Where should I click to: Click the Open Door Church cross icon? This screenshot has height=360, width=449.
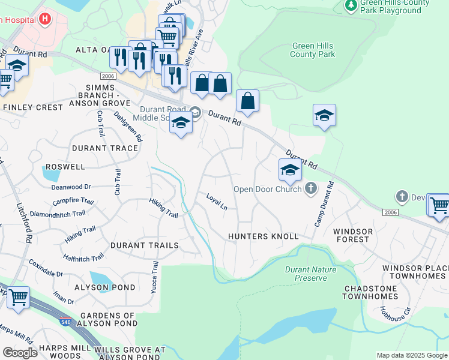310,189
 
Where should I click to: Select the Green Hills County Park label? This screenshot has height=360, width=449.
313,50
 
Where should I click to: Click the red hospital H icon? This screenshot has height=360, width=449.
45,19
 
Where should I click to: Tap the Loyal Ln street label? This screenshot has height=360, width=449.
217,202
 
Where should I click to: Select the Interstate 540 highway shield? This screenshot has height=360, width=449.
64,323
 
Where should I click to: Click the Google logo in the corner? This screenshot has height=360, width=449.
20,353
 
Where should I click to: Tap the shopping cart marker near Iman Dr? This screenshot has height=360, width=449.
18,297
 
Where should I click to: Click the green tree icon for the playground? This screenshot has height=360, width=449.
351,5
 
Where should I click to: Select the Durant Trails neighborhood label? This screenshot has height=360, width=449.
144,245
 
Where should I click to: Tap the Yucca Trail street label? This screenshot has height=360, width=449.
154,275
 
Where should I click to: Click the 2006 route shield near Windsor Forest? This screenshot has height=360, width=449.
390,212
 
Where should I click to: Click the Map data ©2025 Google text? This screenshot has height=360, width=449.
411,355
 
